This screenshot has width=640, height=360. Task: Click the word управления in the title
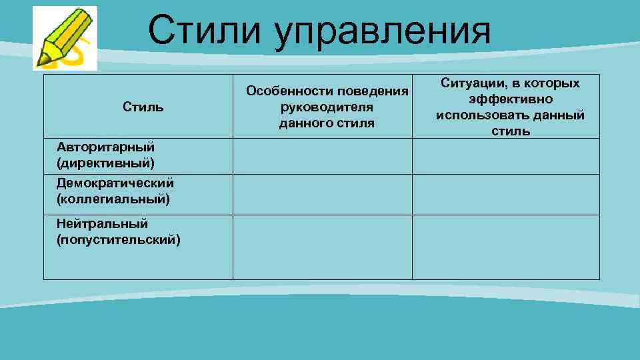[381, 32]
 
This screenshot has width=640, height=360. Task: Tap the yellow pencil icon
[63, 38]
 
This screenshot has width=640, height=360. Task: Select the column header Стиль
[143, 107]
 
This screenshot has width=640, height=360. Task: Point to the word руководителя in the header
[327, 107]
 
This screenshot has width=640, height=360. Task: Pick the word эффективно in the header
[510, 99]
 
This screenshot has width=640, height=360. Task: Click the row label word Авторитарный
[105, 147]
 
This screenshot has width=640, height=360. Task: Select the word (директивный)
[105, 162]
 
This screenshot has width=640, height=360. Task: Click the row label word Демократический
[115, 183]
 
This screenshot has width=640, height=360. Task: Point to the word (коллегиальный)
[113, 198]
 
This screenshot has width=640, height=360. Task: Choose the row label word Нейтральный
[102, 223]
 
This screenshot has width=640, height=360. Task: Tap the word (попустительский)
[119, 239]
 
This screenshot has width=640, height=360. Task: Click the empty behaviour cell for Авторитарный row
[322, 156]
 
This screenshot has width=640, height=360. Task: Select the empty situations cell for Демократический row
[505, 194]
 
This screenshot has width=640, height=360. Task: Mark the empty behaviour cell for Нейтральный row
[322, 247]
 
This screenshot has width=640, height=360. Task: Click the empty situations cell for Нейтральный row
[505, 247]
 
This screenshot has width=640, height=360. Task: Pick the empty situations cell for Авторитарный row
[505, 156]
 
